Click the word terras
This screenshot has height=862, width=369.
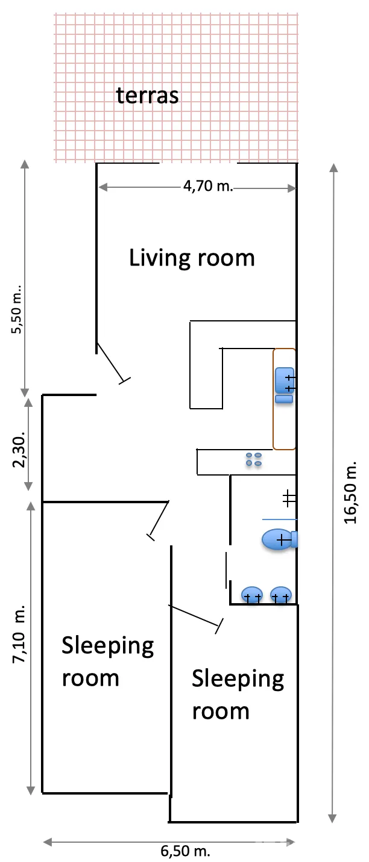147,96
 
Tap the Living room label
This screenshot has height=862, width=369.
192,258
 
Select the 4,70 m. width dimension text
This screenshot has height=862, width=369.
208,186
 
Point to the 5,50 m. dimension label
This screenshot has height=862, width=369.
17,309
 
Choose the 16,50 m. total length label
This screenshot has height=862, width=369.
350,492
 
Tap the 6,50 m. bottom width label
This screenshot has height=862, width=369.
185,851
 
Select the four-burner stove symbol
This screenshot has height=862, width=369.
254,459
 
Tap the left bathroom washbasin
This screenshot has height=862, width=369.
252,595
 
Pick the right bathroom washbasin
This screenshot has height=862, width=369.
281,595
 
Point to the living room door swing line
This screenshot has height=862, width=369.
113,363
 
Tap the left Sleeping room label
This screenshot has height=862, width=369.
107,662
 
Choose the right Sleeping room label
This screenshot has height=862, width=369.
238,695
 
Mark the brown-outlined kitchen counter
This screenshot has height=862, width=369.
285,399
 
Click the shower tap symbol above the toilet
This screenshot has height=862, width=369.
289,499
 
